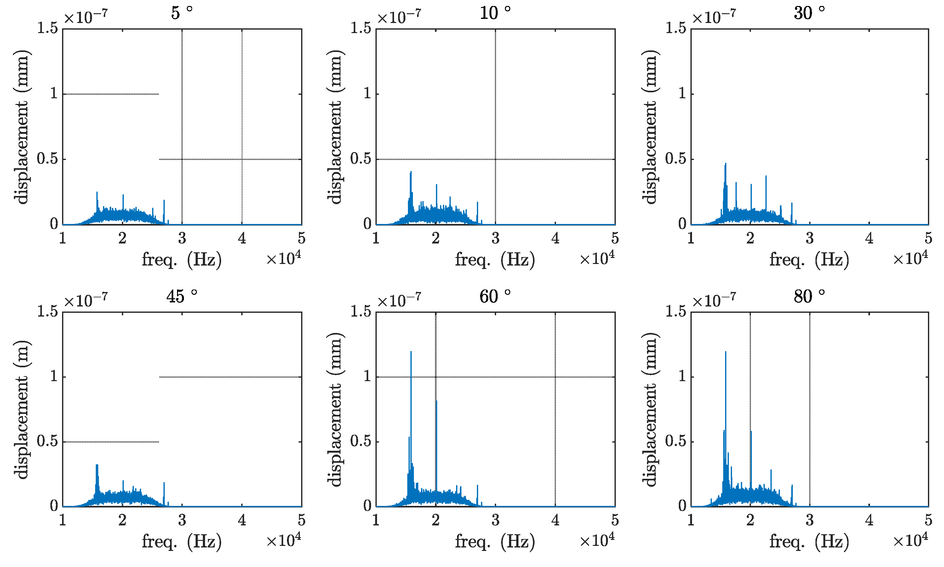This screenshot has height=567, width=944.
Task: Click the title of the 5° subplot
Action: [181, 13]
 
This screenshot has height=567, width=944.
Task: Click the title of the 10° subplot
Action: [495, 13]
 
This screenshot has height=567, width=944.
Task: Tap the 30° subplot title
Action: [809, 13]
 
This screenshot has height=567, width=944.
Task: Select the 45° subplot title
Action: [181, 296]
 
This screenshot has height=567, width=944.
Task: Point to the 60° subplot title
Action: [495, 296]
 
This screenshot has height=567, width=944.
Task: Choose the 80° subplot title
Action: [809, 296]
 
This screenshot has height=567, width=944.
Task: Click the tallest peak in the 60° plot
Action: [411, 352]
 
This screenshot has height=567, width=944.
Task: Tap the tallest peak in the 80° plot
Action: [725, 352]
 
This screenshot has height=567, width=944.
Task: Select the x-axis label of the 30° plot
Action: [809, 260]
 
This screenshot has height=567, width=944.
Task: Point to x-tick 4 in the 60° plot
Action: [555, 520]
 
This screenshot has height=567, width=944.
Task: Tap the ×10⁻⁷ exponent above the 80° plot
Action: [714, 300]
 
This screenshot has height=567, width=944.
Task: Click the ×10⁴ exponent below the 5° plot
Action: [283, 259]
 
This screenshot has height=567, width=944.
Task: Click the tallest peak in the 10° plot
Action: [411, 172]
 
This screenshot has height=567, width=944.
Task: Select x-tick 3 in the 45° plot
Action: [182, 520]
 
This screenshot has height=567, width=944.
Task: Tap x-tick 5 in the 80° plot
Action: [928, 520]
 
